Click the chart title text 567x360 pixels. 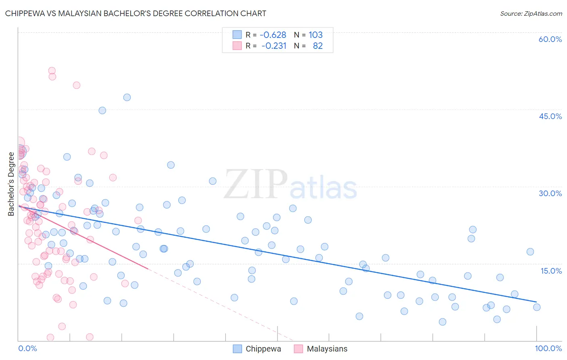pos(135,13)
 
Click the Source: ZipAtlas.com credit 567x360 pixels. pos(531,13)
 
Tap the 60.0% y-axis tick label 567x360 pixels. pos(550,39)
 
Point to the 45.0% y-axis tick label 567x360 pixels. pos(550,116)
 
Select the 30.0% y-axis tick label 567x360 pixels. pos(550,193)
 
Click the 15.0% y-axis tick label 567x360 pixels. pos(551,271)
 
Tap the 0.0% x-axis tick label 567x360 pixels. pos(27,348)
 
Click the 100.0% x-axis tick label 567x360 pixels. pos(548,348)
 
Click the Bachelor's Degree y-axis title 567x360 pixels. pos(11,184)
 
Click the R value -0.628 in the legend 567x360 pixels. pos(273,35)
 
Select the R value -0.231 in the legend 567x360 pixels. pos(273,46)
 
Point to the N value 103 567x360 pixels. pos(316,35)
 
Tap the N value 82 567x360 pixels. pos(318,46)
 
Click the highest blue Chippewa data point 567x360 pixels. pos(127,97)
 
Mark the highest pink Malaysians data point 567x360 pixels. pos(52,71)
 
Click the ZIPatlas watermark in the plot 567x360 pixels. pos(290,184)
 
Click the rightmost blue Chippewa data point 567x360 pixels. pos(537,307)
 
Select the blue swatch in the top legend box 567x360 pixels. pos(237,35)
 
